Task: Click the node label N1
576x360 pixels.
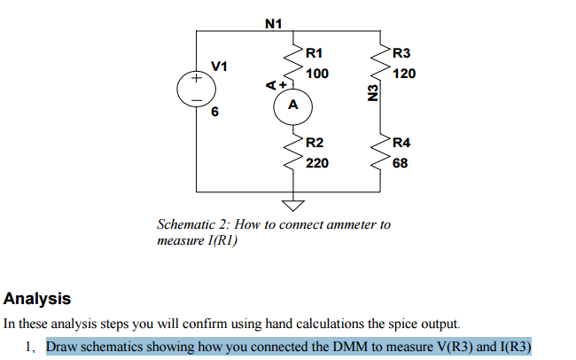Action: coord(273,22)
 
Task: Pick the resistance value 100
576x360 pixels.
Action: coord(316,74)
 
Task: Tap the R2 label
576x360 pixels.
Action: coord(314,143)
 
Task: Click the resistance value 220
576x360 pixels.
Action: coord(316,163)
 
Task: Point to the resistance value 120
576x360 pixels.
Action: coord(404,74)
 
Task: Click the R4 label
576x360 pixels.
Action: coord(401,143)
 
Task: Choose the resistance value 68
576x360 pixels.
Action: coord(401,163)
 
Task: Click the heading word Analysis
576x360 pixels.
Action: coord(37,299)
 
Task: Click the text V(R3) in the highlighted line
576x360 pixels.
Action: coord(409,346)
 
